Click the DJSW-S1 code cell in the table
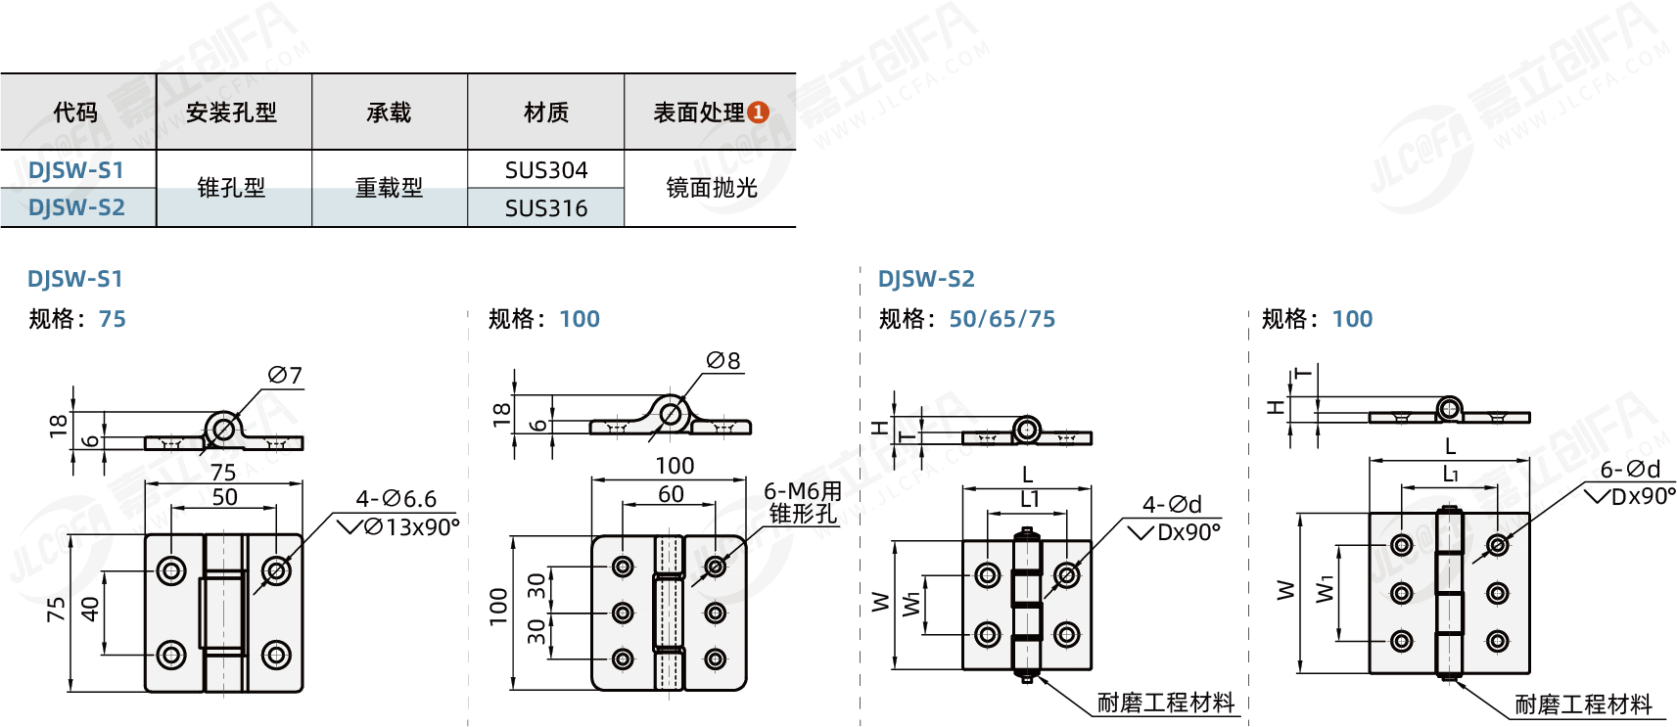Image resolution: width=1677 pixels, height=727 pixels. (x=76, y=170)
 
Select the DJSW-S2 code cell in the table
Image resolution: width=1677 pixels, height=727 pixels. (x=76, y=207)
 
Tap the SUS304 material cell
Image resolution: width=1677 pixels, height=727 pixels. (x=546, y=170)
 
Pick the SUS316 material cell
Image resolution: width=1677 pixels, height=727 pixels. (x=546, y=208)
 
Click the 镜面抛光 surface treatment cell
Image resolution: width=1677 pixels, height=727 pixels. (x=712, y=188)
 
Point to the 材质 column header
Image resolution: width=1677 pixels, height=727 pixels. (x=546, y=113)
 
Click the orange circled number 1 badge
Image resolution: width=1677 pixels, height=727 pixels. (x=758, y=113)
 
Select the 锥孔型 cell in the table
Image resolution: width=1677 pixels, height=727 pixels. (x=232, y=188)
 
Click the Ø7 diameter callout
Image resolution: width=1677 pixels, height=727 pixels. (x=285, y=376)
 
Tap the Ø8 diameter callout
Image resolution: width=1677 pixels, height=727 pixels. (x=723, y=361)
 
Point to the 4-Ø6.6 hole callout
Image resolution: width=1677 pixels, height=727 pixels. (x=396, y=499)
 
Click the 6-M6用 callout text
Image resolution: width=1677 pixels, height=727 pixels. (x=803, y=491)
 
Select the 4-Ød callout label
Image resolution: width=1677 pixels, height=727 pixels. (x=1172, y=505)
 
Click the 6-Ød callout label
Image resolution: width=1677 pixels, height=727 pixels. (x=1630, y=470)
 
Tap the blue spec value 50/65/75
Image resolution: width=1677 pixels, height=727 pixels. (x=1002, y=319)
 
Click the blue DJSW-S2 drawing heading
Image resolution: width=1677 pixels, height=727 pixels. (x=926, y=279)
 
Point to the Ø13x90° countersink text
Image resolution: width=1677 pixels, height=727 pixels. (x=411, y=527)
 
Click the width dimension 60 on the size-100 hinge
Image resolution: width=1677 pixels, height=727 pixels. (x=671, y=494)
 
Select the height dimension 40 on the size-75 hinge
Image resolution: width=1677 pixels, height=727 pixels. (x=90, y=609)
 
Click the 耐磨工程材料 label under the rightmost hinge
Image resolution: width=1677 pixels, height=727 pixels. (x=1583, y=704)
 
